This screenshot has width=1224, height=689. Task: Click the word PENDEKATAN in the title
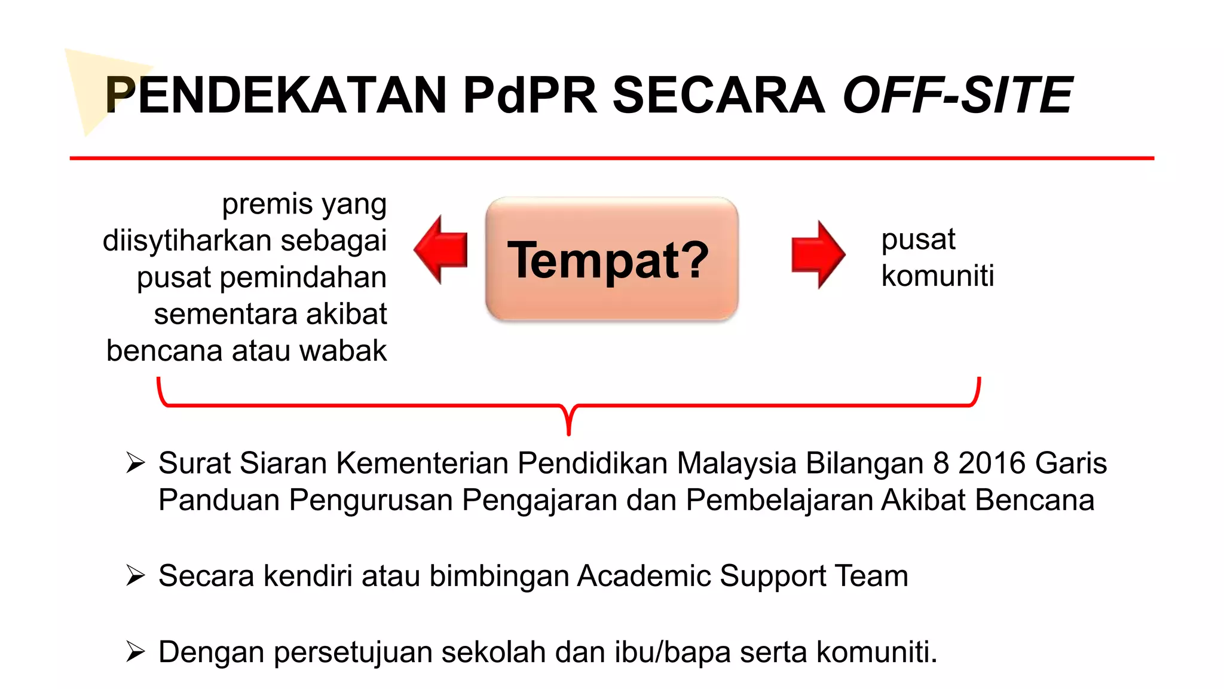click(276, 95)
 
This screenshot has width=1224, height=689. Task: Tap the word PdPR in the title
click(530, 95)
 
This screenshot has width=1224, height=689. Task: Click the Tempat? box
click(611, 260)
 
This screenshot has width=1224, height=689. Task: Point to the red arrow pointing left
click(441, 250)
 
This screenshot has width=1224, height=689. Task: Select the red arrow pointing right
click(818, 254)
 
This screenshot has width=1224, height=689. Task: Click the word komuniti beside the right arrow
click(937, 276)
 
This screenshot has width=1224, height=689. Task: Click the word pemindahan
click(303, 278)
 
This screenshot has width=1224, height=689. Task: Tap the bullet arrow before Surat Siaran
click(136, 463)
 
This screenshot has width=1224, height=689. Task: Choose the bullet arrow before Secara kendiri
click(136, 575)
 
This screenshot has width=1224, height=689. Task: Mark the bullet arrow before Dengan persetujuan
click(136, 652)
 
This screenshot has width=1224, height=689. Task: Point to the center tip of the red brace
click(569, 432)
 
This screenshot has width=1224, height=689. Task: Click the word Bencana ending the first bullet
click(1035, 500)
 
